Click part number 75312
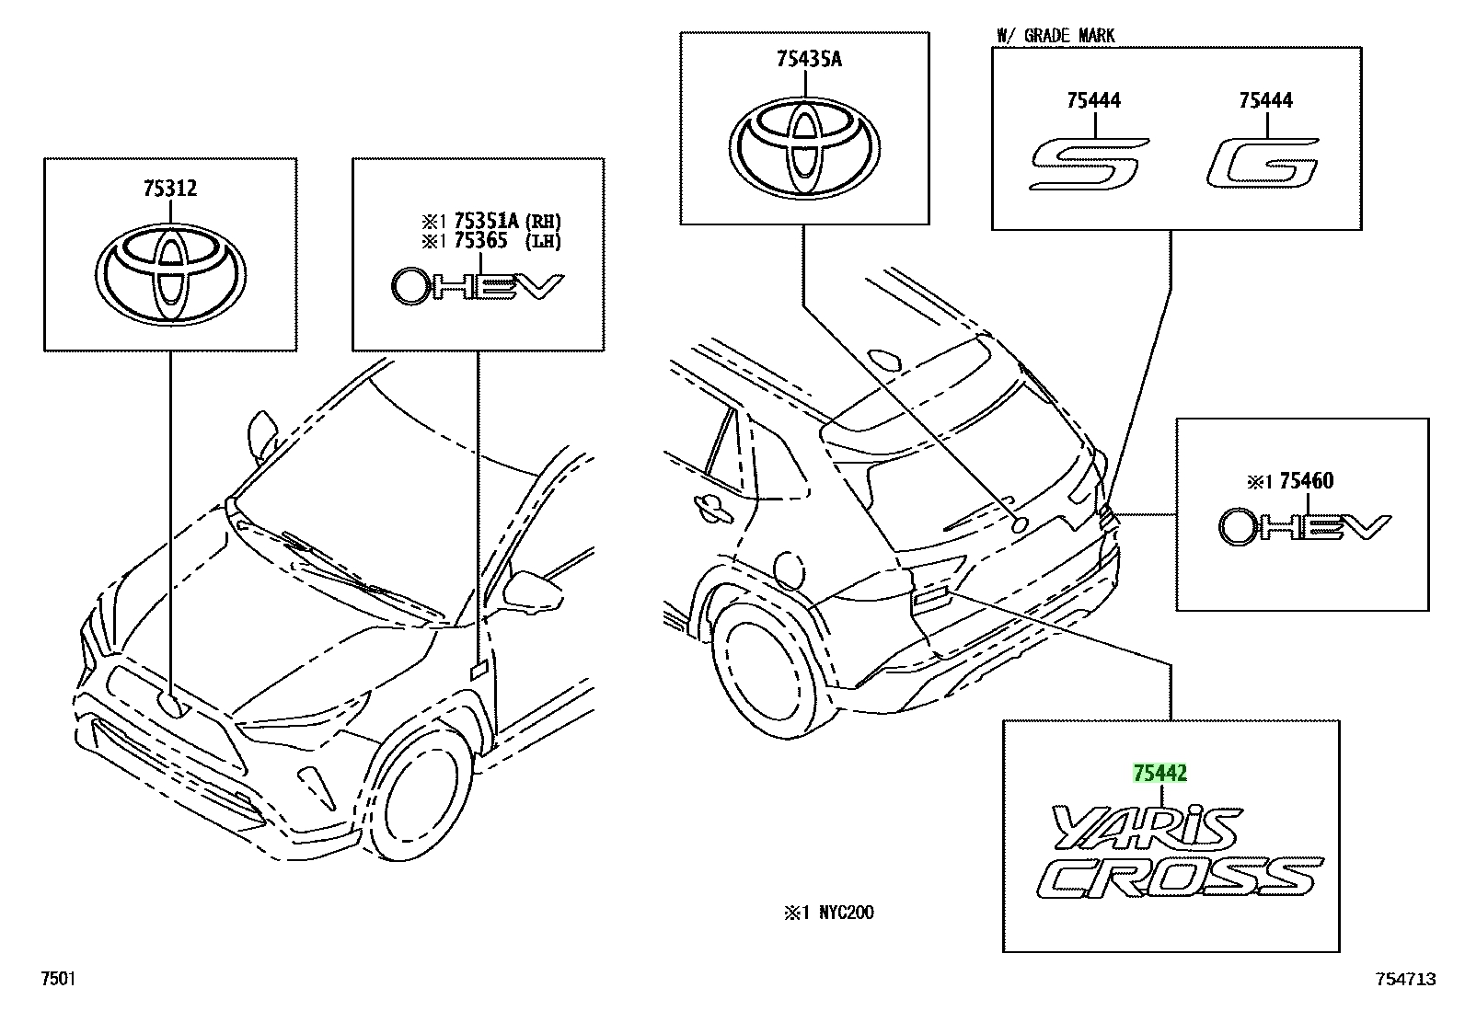tap(170, 189)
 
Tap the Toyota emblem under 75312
tap(170, 274)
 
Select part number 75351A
tap(486, 221)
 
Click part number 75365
tap(480, 241)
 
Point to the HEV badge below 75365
tap(478, 286)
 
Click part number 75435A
tap(809, 60)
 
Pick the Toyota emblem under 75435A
tap(804, 148)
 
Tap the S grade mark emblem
tap(1089, 164)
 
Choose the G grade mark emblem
tap(1263, 163)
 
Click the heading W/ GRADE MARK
tap(1055, 35)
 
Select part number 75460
tap(1306, 481)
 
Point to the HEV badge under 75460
tap(1305, 526)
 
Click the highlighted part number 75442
tap(1160, 773)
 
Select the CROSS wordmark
tap(1181, 877)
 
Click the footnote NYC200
tap(847, 913)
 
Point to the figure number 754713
tap(1405, 979)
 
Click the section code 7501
tap(58, 978)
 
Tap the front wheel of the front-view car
tap(419, 793)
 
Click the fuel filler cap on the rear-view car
tap(790, 570)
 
